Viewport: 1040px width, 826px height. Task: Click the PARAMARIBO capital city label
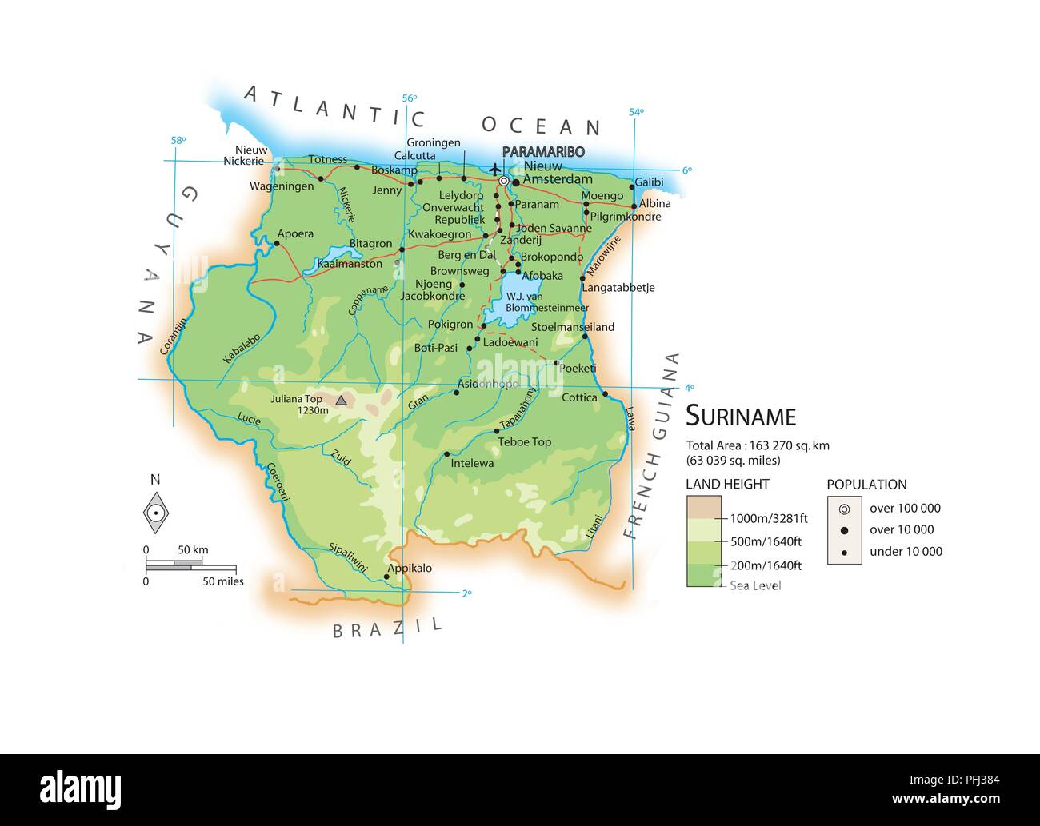[x=543, y=152]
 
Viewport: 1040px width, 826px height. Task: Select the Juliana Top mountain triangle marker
[x=342, y=400]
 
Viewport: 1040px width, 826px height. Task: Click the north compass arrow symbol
[x=156, y=513]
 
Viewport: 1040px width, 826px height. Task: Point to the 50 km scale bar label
[x=193, y=549]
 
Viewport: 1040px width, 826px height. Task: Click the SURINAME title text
[x=741, y=417]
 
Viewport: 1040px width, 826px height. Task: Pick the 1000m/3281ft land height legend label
[x=768, y=518]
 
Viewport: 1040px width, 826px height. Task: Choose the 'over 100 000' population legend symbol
[x=844, y=509]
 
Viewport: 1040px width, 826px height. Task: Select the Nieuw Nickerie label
[x=246, y=155]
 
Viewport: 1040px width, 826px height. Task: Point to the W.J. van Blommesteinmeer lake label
[x=546, y=302]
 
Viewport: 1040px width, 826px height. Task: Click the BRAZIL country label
[x=387, y=628]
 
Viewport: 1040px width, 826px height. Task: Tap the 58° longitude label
[x=178, y=141]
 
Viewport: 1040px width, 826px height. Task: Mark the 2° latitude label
[x=466, y=593]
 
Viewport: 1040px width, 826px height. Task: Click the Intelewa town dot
[x=446, y=454]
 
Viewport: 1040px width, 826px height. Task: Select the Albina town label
[x=654, y=203]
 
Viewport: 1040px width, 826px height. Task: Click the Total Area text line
[x=757, y=445]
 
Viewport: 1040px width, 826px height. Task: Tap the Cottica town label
[x=579, y=397]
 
